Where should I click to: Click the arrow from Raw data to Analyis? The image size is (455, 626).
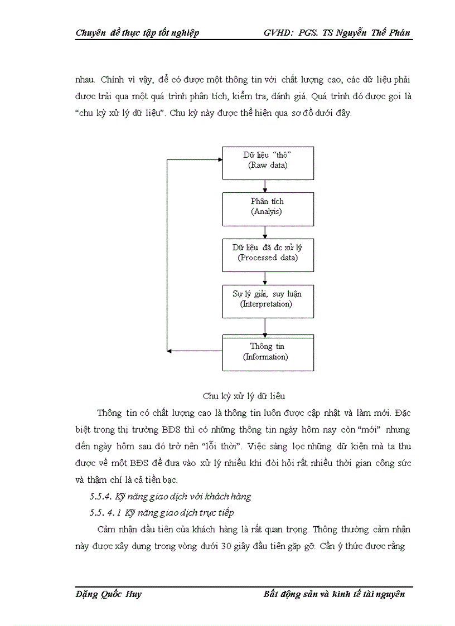pyautogui.click(x=265, y=186)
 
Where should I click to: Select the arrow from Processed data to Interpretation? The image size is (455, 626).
pyautogui.click(x=265, y=278)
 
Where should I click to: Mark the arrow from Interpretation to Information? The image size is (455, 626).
pyautogui.click(x=265, y=326)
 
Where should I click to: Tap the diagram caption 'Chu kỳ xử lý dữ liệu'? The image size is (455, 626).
pyautogui.click(x=244, y=396)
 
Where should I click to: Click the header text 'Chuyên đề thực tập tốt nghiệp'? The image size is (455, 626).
pyautogui.click(x=137, y=33)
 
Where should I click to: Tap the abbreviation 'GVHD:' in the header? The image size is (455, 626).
pyautogui.click(x=279, y=33)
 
